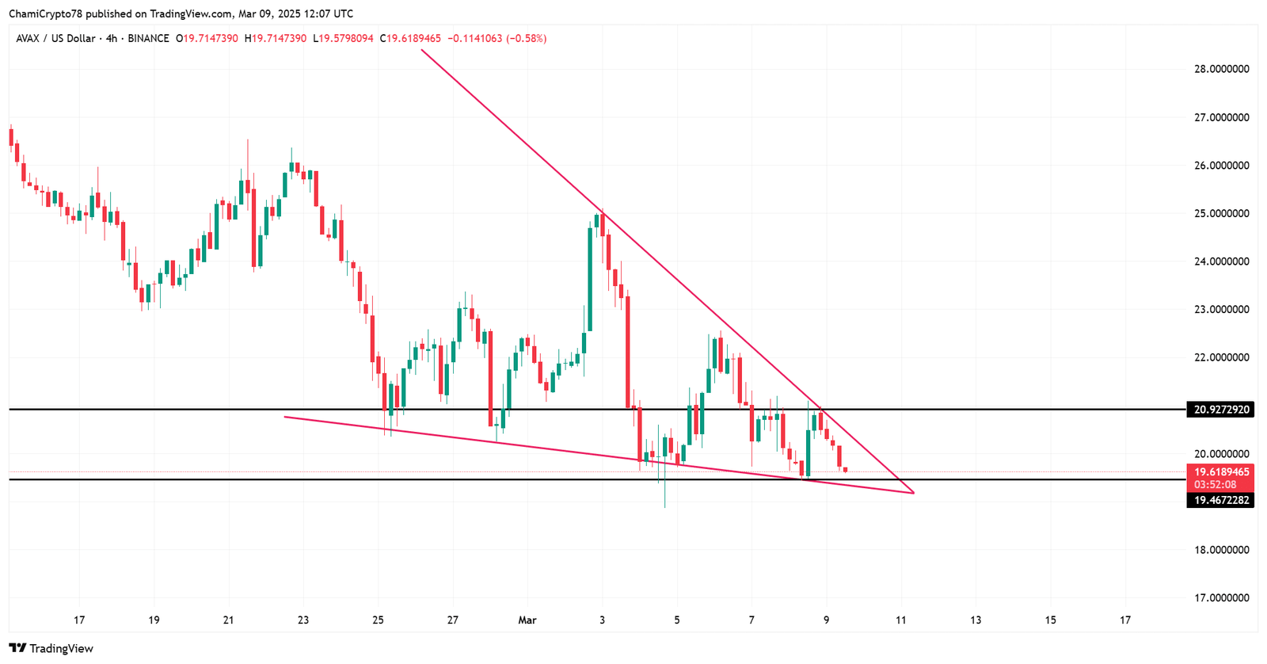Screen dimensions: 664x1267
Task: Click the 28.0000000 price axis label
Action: click(1221, 69)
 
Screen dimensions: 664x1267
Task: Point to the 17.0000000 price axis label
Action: click(1221, 598)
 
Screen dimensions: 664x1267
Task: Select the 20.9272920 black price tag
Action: click(1219, 410)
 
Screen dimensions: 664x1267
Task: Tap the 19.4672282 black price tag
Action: click(1219, 500)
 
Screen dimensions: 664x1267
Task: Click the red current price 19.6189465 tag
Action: click(1219, 472)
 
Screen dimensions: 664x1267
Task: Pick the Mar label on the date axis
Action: click(527, 620)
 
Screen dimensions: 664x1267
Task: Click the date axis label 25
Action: click(378, 620)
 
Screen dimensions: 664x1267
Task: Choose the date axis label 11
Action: click(901, 620)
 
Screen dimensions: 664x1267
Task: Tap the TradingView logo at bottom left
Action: click(51, 648)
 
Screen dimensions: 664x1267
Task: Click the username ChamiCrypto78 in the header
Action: click(45, 13)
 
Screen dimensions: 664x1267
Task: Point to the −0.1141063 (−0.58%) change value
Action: click(497, 38)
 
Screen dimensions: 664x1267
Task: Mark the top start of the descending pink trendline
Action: click(421, 50)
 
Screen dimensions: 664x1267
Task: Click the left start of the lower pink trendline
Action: click(284, 417)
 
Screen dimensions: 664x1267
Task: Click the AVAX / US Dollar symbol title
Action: click(55, 38)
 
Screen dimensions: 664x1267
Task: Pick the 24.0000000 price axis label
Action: click(1221, 261)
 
